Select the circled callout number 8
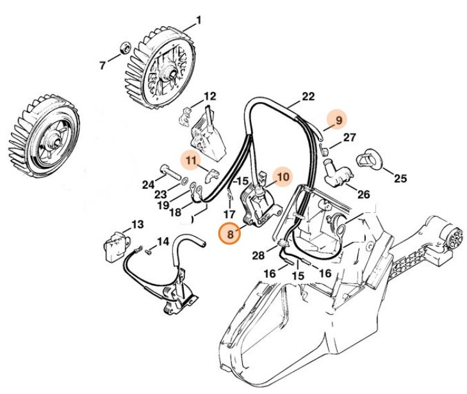(229, 234)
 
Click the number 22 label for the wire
(308, 97)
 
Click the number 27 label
(350, 138)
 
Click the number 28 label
(258, 255)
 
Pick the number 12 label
(210, 97)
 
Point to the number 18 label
(174, 212)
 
